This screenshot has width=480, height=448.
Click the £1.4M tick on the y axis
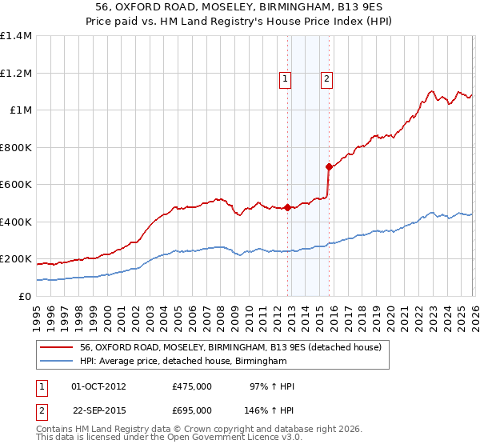click(x=16, y=36)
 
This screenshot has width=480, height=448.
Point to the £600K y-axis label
click(x=16, y=185)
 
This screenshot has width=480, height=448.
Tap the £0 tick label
click(x=23, y=297)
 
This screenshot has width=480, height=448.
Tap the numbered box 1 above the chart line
click(x=286, y=78)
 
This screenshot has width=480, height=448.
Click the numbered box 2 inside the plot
click(x=327, y=78)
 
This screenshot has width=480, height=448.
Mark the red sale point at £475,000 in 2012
click(x=287, y=208)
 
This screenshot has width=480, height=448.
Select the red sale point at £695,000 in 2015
click(x=329, y=167)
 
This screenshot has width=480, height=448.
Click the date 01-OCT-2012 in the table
click(x=98, y=386)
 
